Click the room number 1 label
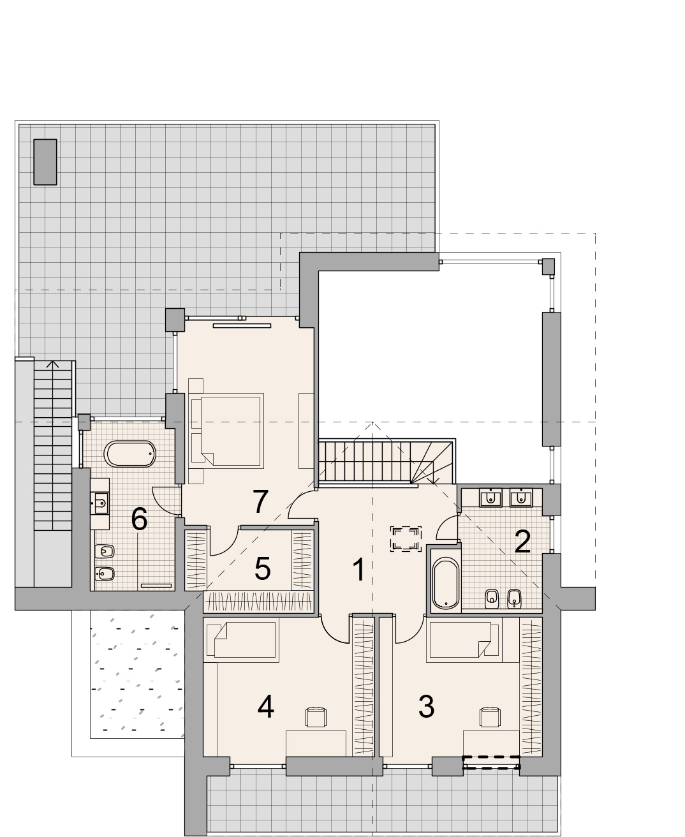(359, 570)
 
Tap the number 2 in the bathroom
(522, 541)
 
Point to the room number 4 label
(265, 707)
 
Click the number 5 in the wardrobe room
(262, 568)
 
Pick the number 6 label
(139, 519)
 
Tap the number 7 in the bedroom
(260, 501)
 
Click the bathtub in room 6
(129, 454)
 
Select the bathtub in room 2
(446, 583)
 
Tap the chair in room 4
(316, 717)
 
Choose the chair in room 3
(490, 717)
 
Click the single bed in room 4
(241, 642)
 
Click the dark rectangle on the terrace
(45, 162)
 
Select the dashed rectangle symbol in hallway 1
(406, 539)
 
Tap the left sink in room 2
(491, 498)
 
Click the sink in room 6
(100, 503)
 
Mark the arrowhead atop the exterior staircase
(53, 364)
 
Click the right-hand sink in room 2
(520, 498)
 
